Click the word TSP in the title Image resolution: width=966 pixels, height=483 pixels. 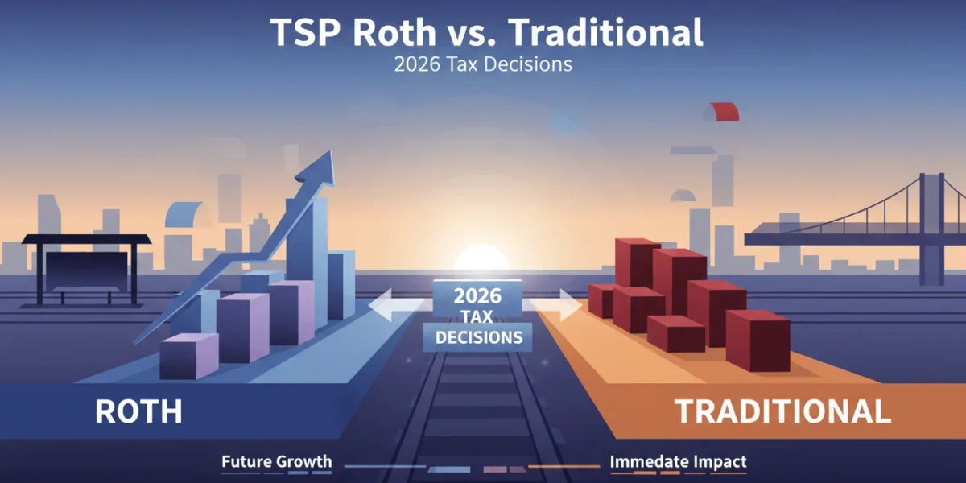pyautogui.click(x=306, y=32)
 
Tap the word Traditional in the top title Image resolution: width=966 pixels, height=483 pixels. pyautogui.click(x=605, y=32)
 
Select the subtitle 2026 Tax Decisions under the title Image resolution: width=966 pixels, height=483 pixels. pyautogui.click(x=483, y=64)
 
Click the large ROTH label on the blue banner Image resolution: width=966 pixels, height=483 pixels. pyautogui.click(x=138, y=411)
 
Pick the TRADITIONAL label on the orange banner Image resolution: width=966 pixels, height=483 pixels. pyautogui.click(x=782, y=411)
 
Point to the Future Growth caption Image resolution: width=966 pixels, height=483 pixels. pyautogui.click(x=277, y=461)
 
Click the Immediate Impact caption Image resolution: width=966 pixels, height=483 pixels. pyautogui.click(x=678, y=461)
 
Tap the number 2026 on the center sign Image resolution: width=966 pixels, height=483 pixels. pyautogui.click(x=477, y=296)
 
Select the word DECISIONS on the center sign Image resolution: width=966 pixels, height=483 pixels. pyautogui.click(x=479, y=337)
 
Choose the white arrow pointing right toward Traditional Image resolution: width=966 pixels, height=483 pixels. pyautogui.click(x=556, y=305)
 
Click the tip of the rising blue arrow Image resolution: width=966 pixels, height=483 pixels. pyautogui.click(x=331, y=151)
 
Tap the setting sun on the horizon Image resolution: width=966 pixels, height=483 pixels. pyautogui.click(x=481, y=258)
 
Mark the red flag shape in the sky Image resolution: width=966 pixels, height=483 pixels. pyautogui.click(x=726, y=111)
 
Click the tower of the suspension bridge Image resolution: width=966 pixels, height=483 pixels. pyautogui.click(x=931, y=229)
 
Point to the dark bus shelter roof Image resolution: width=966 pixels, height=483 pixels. pyautogui.click(x=86, y=239)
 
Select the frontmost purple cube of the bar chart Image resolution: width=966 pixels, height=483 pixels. pyautogui.click(x=189, y=356)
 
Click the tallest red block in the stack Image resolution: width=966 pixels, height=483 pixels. pyautogui.click(x=638, y=264)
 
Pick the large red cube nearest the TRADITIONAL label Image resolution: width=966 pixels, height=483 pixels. pyautogui.click(x=758, y=341)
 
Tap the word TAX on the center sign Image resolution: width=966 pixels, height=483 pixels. pyautogui.click(x=477, y=317)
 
